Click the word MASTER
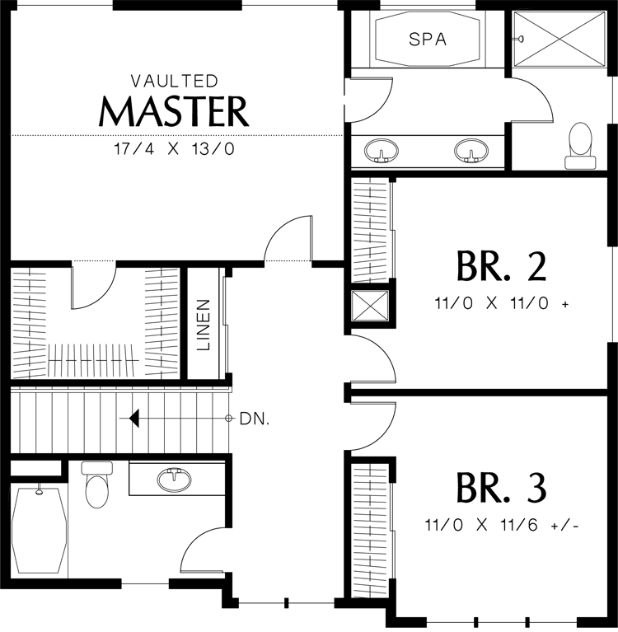(x=174, y=111)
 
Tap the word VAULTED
(x=174, y=81)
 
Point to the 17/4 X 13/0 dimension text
(x=174, y=149)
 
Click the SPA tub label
(x=428, y=39)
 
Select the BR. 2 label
(x=502, y=265)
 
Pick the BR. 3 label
(x=502, y=488)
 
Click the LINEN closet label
(x=204, y=325)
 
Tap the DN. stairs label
(x=255, y=419)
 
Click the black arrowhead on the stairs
(x=134, y=418)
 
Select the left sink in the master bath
(x=381, y=151)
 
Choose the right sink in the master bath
(x=471, y=151)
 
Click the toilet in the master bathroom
(x=580, y=146)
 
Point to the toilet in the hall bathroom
(x=97, y=485)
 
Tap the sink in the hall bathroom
(x=175, y=480)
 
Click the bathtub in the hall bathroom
(x=39, y=530)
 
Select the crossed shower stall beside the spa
(x=560, y=38)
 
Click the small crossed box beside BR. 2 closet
(x=370, y=306)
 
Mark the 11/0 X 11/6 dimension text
(x=502, y=525)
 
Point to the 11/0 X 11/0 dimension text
(x=502, y=303)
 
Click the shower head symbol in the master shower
(x=521, y=39)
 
